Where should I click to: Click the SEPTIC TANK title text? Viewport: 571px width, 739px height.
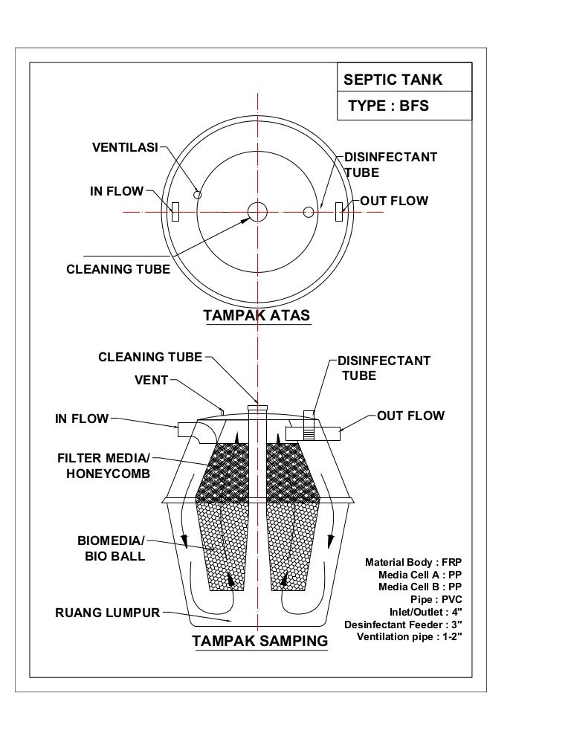coord(392,80)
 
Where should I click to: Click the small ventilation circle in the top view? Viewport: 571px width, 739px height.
coord(197,194)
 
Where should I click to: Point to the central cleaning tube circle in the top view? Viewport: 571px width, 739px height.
coord(257,212)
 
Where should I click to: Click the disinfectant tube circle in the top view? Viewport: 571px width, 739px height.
coord(309,213)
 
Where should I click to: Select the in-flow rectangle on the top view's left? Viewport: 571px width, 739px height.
coord(175,212)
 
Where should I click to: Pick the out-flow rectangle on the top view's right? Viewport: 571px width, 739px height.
coord(339,212)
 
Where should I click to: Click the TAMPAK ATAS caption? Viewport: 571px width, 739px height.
coord(257,316)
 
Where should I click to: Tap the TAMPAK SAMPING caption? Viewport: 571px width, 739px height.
coord(259,640)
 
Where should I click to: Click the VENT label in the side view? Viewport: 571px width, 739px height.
coord(151,381)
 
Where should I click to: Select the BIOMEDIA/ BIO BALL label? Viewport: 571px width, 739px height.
coord(112,549)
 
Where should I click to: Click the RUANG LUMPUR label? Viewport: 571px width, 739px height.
coord(108,613)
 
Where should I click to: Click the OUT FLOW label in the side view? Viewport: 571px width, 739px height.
coord(410,416)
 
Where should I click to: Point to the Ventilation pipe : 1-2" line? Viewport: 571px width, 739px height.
coord(410,637)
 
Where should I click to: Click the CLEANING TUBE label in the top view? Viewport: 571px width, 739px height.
coord(118,269)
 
